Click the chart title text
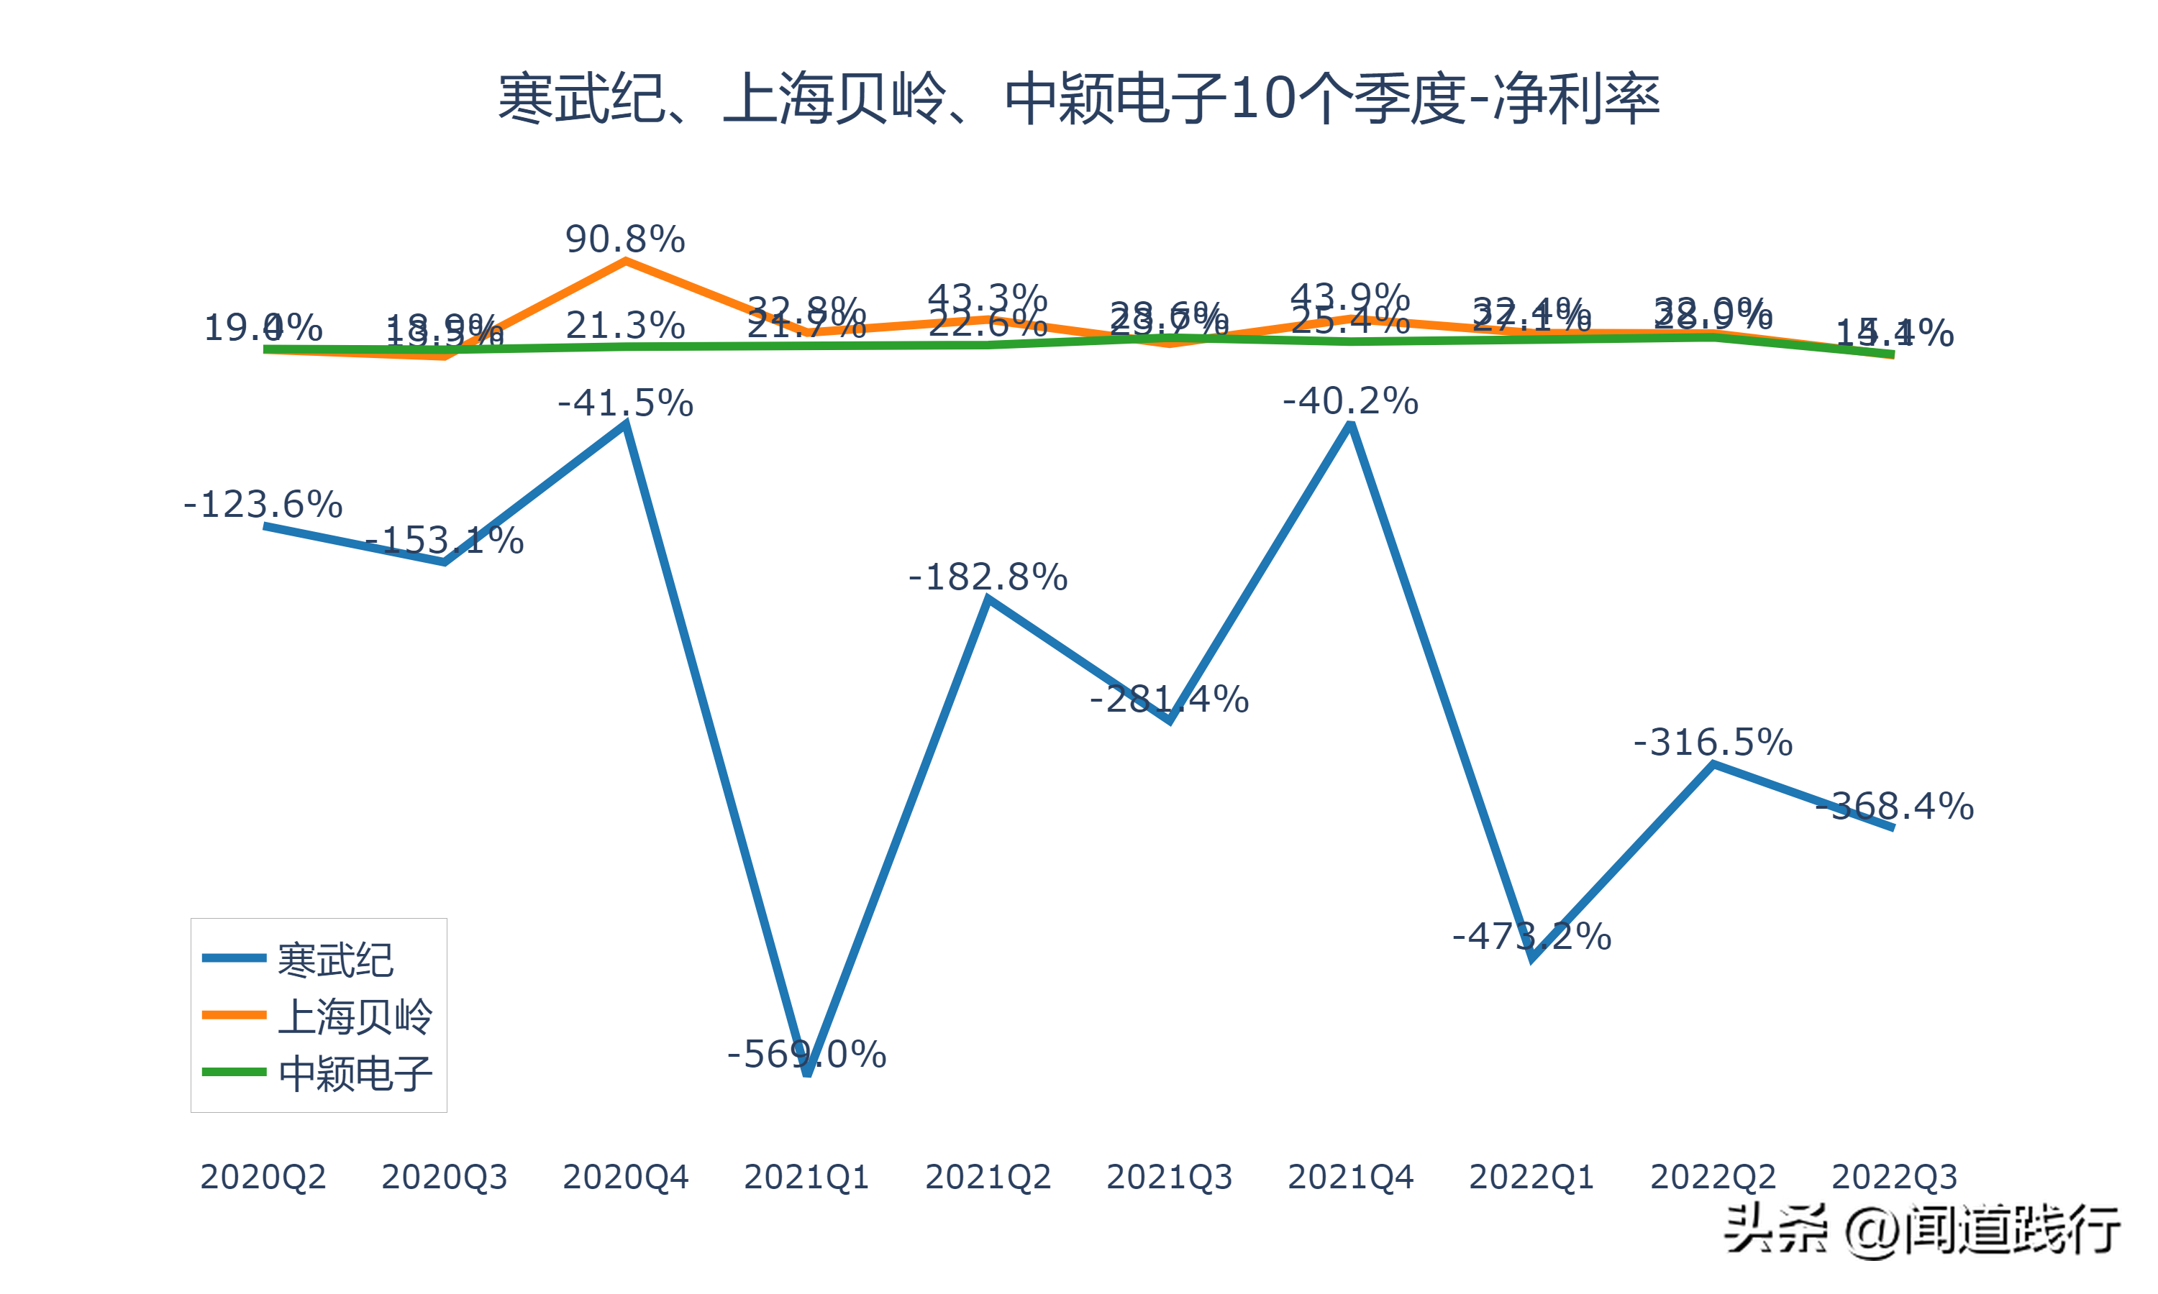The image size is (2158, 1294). coord(1078,98)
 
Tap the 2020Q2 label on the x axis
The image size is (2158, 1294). coord(263,1177)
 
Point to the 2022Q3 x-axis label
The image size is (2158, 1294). coord(1894,1177)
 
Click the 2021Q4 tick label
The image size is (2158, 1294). coord(1350,1177)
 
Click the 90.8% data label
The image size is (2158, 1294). coord(624,239)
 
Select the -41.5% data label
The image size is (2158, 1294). coord(624,403)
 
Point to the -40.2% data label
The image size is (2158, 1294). coord(1350,401)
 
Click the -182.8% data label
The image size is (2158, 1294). coord(988,577)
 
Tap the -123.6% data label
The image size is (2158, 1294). coord(263,504)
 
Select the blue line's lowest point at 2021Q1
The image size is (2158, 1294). coord(807,1073)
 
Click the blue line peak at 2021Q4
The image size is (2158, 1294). coord(1350,425)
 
